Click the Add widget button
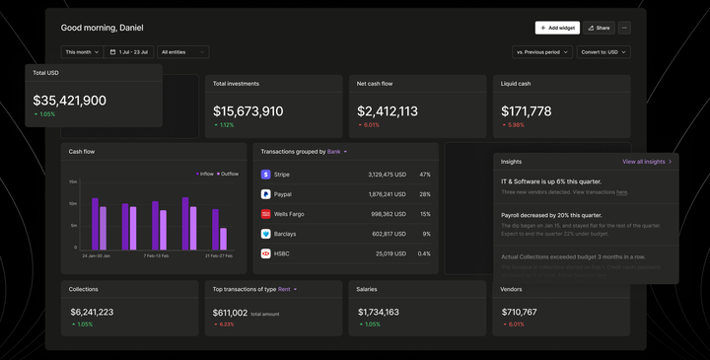pos(557,28)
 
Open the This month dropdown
pos(82,51)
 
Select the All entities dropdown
pos(183,51)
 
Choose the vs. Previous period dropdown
pos(541,51)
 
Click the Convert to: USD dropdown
pos(603,51)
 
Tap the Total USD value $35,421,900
pos(70,101)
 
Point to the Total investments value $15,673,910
pos(248,111)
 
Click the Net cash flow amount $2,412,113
pos(388,111)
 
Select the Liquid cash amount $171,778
pos(527,111)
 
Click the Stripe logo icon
pos(266,174)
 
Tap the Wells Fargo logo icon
pos(266,213)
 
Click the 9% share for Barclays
pos(426,234)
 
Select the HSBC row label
pos(283,253)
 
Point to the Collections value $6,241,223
pos(92,312)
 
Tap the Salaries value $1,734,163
pos(379,312)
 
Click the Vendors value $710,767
pos(520,312)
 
